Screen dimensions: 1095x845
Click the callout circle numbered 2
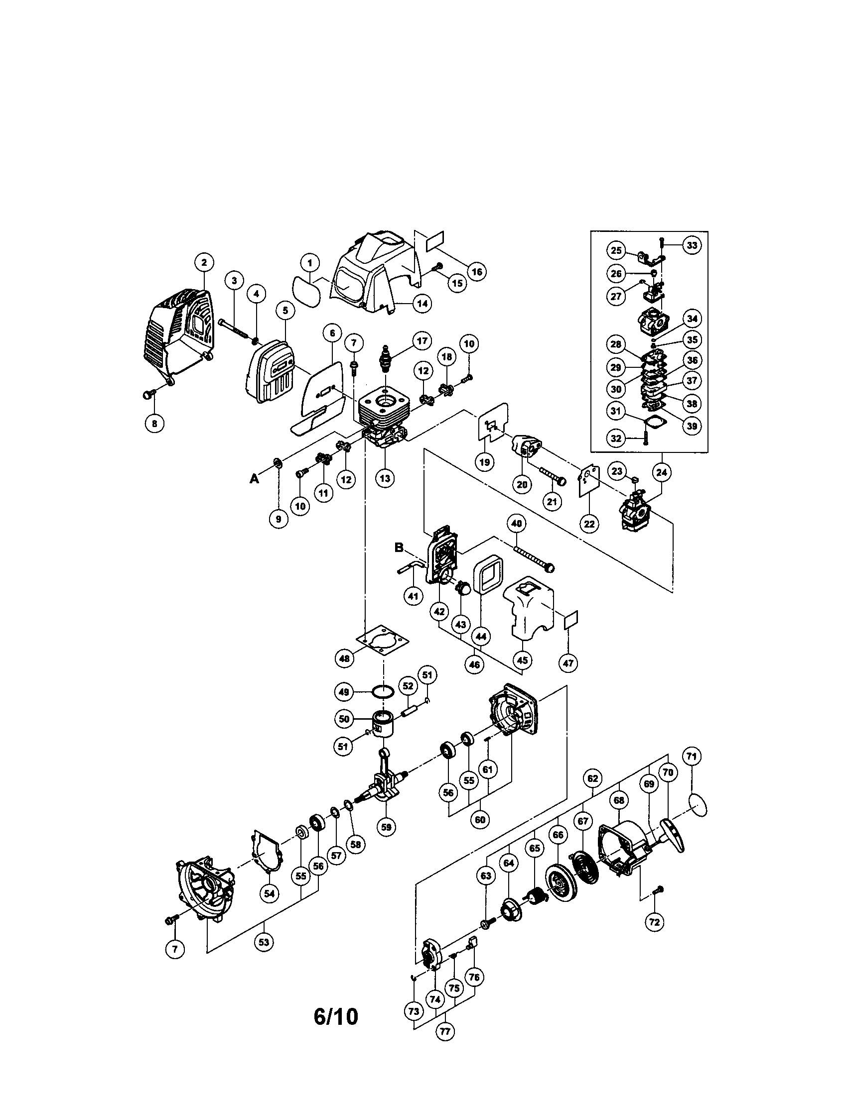(204, 262)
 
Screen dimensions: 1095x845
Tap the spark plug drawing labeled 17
(386, 358)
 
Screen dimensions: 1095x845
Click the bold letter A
(255, 479)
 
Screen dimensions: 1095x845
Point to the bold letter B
(399, 547)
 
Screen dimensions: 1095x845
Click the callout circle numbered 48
(344, 658)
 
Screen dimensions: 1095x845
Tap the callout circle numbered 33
(692, 246)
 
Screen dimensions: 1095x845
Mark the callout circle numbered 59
(386, 827)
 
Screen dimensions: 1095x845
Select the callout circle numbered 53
(264, 942)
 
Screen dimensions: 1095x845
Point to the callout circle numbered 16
(476, 272)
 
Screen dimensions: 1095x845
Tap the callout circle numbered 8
(154, 423)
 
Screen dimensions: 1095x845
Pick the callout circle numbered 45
(522, 660)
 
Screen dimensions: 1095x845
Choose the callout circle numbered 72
(655, 921)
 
